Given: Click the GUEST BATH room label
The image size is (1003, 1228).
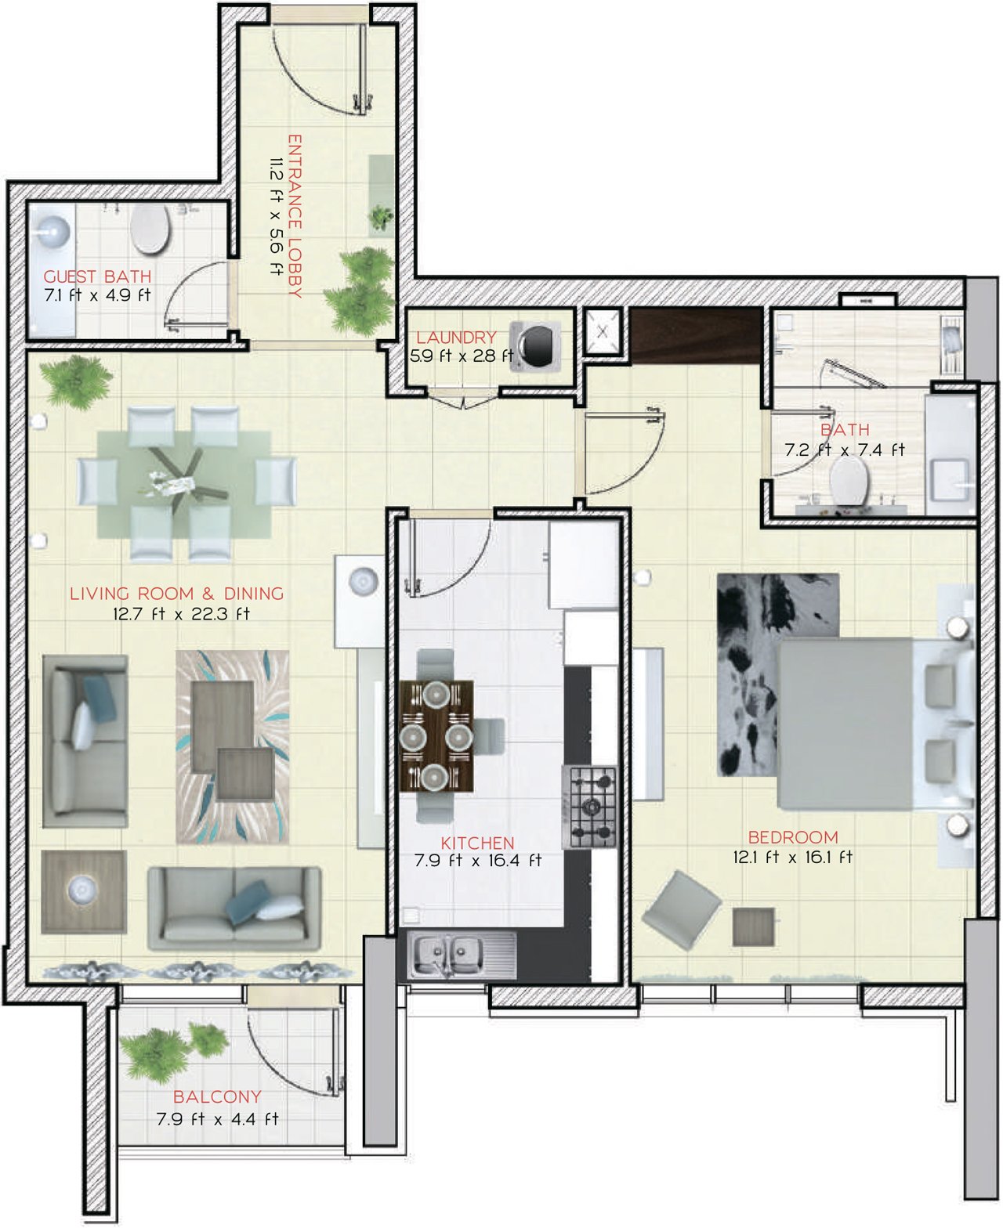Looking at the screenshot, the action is (97, 276).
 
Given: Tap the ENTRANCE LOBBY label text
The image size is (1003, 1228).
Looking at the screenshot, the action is (295, 216).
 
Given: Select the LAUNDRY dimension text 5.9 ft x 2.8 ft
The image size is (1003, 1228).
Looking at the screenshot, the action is (462, 356).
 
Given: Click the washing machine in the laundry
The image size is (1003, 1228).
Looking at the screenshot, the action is (535, 346).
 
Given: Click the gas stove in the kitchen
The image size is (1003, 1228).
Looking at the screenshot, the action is (588, 807).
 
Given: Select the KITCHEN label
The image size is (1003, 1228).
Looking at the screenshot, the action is (478, 843).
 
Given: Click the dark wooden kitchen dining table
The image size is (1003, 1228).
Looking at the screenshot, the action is (436, 736).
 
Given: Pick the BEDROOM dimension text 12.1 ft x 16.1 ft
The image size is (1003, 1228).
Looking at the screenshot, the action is (793, 857).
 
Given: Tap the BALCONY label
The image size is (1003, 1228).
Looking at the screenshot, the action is (217, 1096).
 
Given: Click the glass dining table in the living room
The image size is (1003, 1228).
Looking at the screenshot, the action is (184, 485).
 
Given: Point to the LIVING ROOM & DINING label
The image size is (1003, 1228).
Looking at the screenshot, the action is (176, 594).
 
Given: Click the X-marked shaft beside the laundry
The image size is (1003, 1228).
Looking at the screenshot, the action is (603, 332).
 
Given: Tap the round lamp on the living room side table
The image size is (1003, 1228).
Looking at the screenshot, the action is (83, 889).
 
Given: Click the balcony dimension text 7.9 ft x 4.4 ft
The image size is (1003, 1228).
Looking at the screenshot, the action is (217, 1119).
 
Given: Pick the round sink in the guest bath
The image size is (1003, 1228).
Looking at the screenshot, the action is (53, 232).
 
